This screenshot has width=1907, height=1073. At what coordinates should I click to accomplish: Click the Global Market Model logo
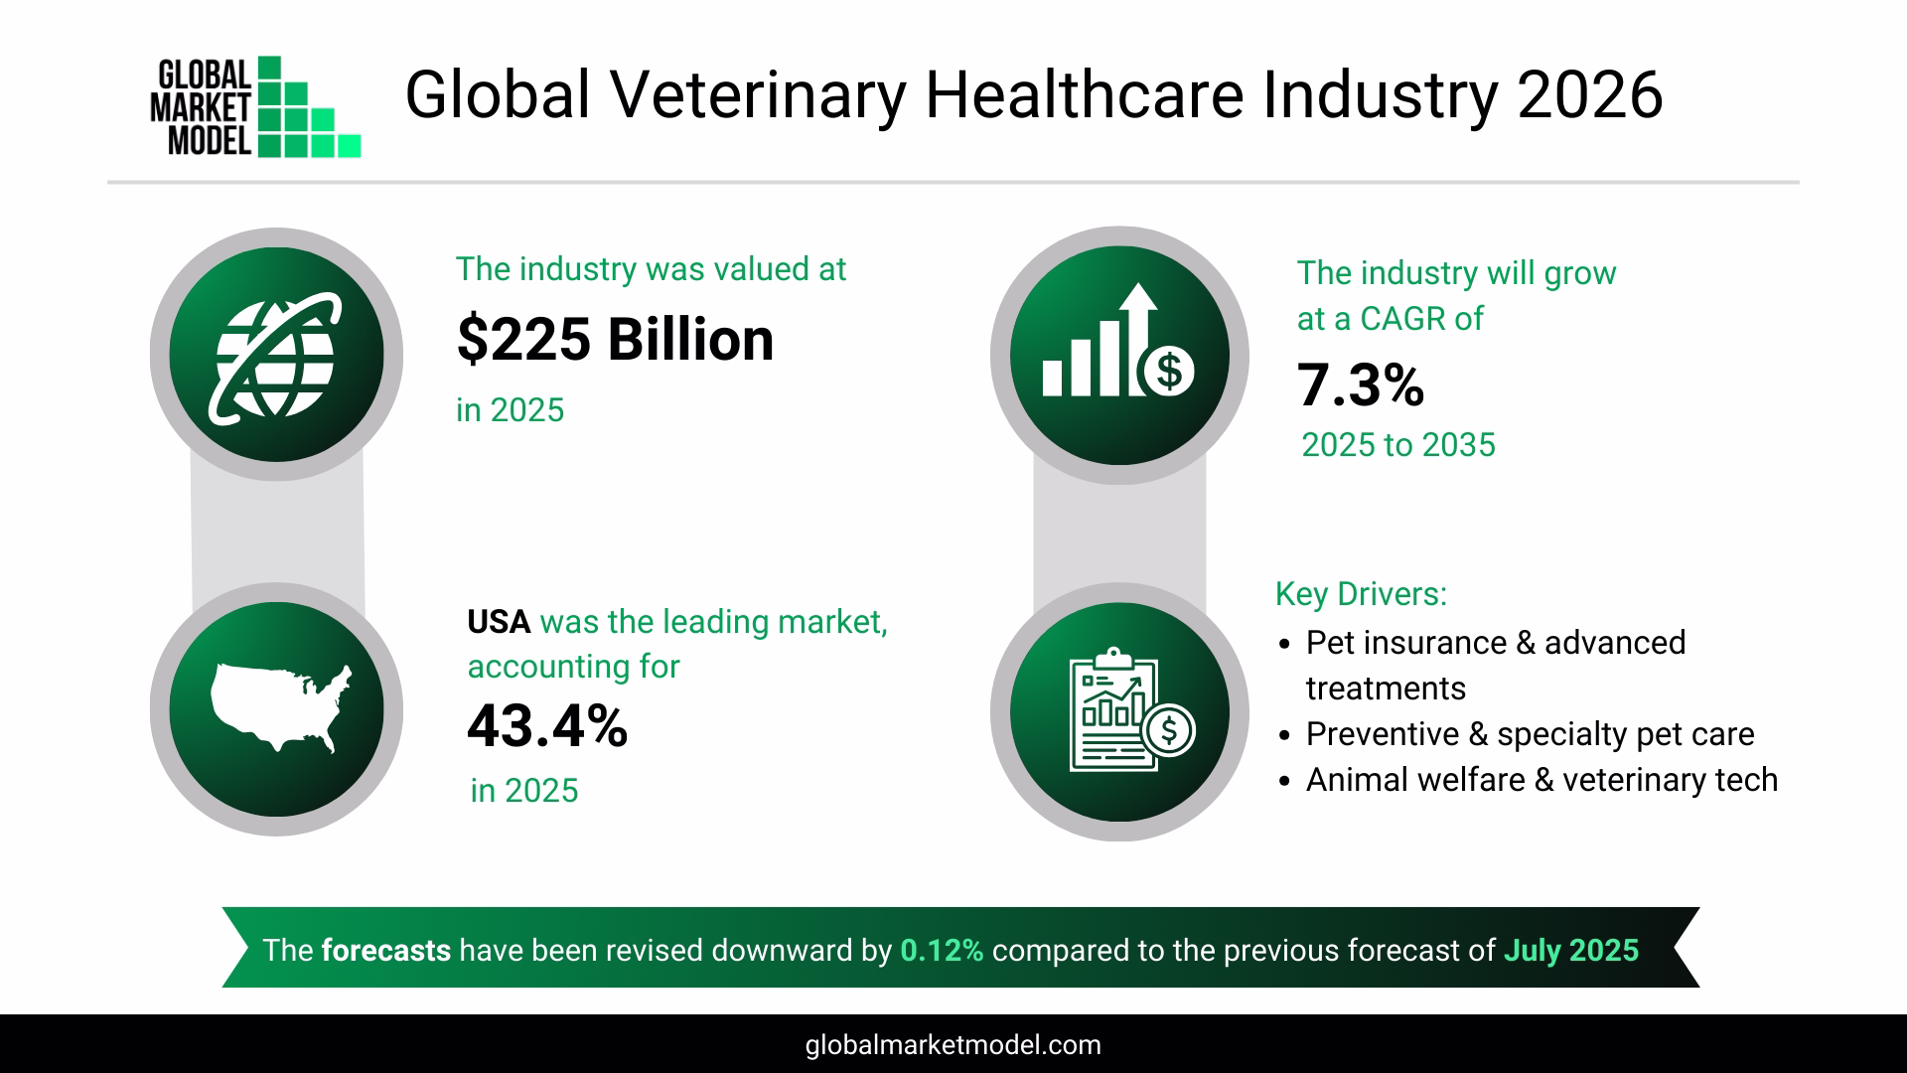255,107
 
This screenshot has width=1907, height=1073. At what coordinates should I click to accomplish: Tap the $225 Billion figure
615,340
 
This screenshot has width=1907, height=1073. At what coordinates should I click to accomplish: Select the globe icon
275,355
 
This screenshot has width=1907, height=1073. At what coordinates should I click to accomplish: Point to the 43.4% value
547,726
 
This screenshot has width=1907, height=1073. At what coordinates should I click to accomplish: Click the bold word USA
499,622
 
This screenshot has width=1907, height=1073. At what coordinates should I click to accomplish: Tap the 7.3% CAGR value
1360,386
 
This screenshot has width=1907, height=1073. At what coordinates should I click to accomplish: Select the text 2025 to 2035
1397,445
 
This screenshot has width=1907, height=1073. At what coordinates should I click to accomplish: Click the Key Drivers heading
1360,594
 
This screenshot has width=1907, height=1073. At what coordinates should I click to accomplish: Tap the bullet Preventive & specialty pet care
1529,734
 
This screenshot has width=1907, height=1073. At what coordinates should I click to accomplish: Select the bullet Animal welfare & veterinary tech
1540,780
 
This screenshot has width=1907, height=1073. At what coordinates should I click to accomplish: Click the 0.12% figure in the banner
942,951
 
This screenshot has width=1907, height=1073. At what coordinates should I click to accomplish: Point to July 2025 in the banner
1570,951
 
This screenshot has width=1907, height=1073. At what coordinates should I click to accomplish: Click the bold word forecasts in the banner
385,951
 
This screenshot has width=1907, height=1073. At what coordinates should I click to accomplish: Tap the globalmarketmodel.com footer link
953,1045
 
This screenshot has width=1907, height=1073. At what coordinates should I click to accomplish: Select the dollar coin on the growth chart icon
1169,371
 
